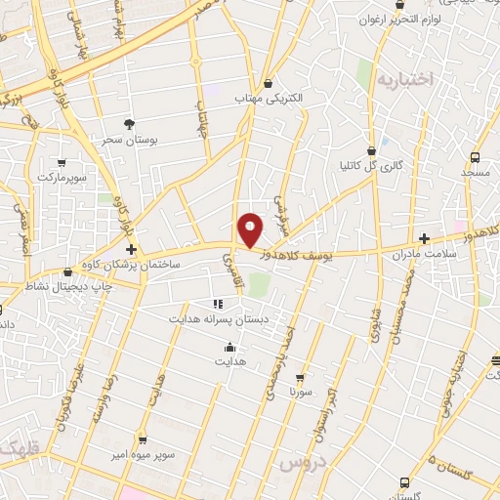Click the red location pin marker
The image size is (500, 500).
coord(251,229)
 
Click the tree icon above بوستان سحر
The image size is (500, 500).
coord(129,123)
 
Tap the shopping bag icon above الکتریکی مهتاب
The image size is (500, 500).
coord(269,83)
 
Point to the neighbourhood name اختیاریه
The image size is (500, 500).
coord(403,79)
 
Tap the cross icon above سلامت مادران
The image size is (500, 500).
coord(424,238)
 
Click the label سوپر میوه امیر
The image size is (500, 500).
coord(143,456)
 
